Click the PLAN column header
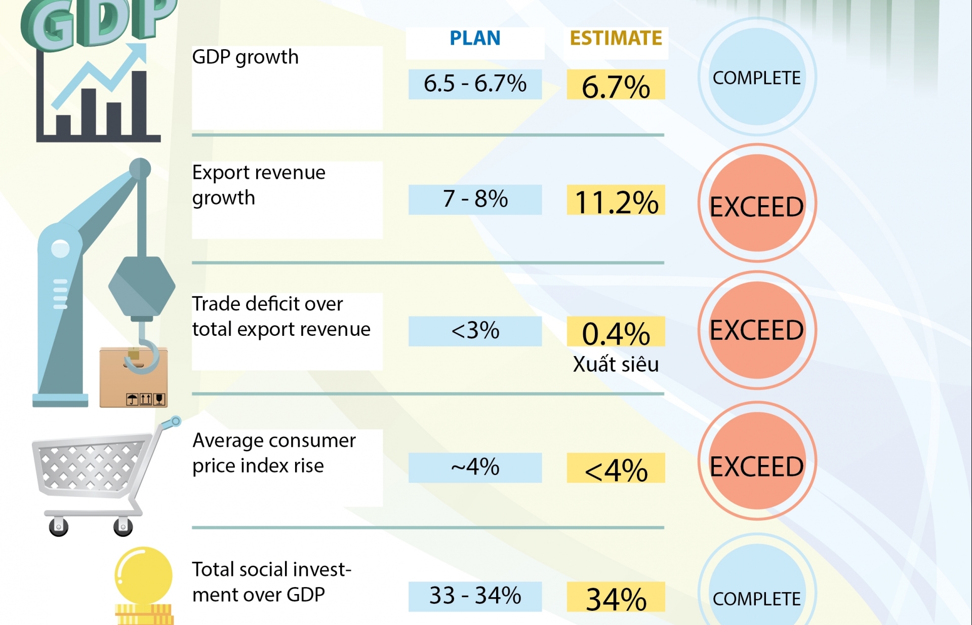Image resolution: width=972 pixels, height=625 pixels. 475,38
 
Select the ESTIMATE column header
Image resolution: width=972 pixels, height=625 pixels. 616,38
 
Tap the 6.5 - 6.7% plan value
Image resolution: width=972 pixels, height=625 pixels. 475,84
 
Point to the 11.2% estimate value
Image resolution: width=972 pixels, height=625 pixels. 616,201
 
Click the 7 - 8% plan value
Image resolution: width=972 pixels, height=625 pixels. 475,199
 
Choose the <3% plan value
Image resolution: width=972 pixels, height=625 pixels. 475,331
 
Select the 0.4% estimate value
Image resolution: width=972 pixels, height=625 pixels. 616,333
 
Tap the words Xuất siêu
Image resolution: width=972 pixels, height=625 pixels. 616,364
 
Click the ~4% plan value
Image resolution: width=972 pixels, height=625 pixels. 475,467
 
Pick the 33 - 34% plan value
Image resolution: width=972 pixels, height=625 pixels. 475,596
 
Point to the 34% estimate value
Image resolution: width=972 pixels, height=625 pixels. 616,598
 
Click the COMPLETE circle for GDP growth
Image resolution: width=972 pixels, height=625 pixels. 757,77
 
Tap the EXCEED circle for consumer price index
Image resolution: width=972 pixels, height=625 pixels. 757,461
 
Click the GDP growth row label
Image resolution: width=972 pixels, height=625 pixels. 245,57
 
